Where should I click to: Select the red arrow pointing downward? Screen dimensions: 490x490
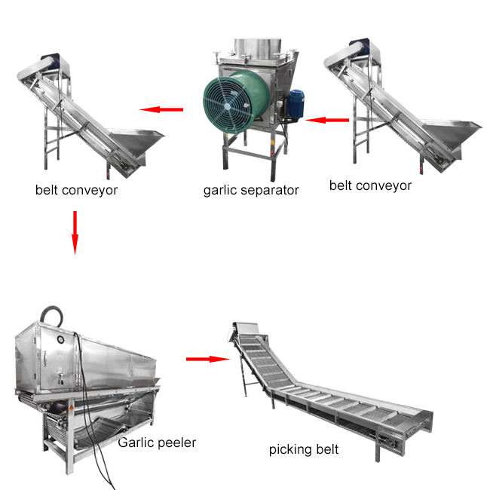(x=74, y=231)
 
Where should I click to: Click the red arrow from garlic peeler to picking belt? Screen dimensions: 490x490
(x=207, y=359)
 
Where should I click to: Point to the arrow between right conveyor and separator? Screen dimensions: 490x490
(x=327, y=119)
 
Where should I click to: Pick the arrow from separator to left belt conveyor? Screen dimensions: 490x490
(x=161, y=110)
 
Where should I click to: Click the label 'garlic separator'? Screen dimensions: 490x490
(x=251, y=190)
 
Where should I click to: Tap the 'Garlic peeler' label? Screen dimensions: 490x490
(x=156, y=443)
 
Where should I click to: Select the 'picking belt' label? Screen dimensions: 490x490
(x=304, y=450)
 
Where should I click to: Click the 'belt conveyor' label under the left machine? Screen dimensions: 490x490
(x=76, y=189)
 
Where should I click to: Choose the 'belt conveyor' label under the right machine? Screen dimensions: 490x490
(x=370, y=185)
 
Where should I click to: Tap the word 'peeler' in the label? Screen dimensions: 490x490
(x=175, y=443)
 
